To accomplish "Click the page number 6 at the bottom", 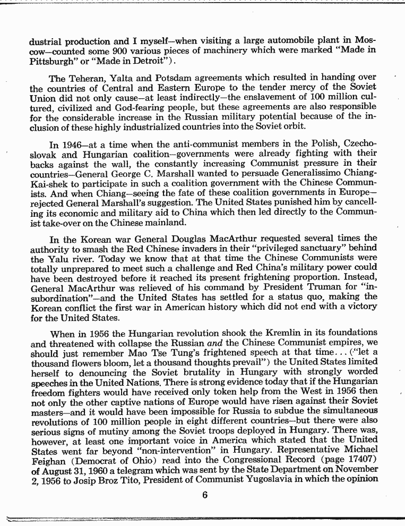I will coord(204,497).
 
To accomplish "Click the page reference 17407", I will coord(359,460).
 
